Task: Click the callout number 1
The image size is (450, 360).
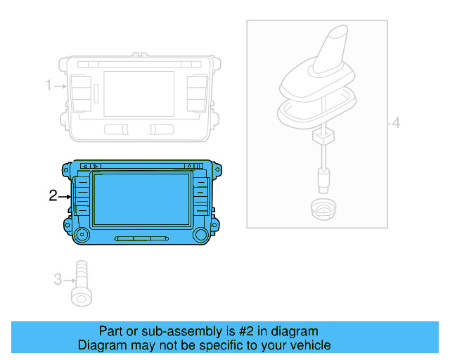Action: coord(49,86)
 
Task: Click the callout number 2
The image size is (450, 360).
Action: coord(53,195)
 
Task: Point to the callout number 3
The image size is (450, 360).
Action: coord(58,280)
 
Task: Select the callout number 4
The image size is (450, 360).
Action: coord(396,124)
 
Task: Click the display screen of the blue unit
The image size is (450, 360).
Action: coord(140,200)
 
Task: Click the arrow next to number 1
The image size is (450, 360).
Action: coord(60,86)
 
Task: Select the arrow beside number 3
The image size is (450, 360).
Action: coord(68,280)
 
